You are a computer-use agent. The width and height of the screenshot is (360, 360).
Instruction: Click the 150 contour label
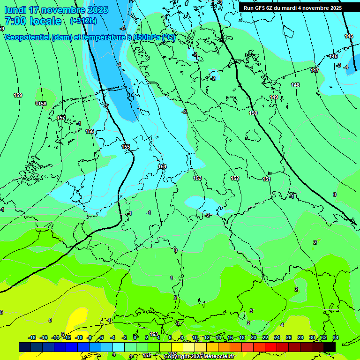coord(253,113)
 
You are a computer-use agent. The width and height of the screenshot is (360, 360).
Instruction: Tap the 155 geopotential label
coord(126,147)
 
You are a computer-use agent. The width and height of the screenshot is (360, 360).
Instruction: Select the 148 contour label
coord(295,85)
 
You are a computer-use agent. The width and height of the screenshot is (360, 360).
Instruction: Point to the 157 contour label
coord(61,118)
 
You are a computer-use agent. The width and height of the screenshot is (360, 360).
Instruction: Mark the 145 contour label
coord(349,36)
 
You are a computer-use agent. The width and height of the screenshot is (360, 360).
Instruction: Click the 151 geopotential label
coord(267,179)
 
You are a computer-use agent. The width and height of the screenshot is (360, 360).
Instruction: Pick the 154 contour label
coord(162,166)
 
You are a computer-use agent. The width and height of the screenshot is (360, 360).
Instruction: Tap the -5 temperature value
coord(122,29)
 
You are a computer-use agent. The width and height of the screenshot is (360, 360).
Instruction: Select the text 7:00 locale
coord(33,21)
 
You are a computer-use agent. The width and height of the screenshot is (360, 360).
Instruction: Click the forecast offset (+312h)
coord(83,21)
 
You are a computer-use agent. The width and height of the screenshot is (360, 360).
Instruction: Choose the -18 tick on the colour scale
coord(32,337)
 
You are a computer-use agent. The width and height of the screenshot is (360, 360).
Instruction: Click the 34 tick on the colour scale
coord(335,337)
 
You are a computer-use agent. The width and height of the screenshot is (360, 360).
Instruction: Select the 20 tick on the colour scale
coord(254,337)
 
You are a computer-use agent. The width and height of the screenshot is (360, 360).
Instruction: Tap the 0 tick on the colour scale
coord(135,337)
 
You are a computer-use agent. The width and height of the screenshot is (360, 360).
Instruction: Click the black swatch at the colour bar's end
coord(330,346)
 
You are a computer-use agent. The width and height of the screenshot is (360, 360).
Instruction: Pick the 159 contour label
coord(18,95)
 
